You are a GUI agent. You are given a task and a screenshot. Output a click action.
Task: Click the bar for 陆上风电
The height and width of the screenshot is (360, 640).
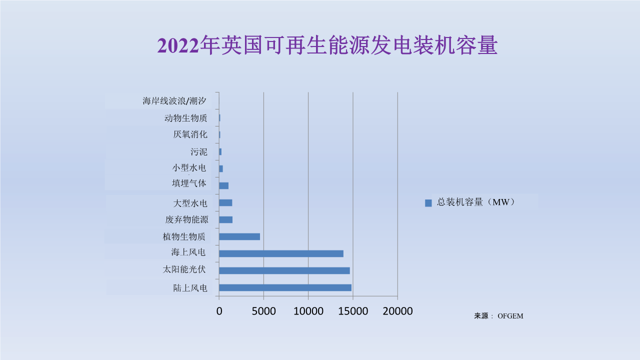point(285,287)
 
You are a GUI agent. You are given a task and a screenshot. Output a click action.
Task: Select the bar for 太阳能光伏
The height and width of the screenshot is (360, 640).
point(284,270)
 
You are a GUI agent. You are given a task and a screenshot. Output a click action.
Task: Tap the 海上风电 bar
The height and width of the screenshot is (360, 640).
point(281,253)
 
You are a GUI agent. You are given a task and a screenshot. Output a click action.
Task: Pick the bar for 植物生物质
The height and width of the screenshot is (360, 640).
point(239,236)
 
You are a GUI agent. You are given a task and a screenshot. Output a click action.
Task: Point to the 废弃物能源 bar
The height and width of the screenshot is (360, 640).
point(226,219)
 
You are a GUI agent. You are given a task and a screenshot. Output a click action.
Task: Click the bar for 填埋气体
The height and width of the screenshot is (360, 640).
point(224,185)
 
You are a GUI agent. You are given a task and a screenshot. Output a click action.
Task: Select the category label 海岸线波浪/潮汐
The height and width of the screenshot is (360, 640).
point(174,101)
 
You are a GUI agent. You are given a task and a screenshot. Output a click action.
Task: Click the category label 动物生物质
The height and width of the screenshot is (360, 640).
point(185,118)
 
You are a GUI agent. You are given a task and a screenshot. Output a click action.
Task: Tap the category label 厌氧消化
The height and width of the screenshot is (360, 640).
point(190,134)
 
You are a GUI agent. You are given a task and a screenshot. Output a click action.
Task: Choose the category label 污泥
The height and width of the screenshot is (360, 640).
point(198,152)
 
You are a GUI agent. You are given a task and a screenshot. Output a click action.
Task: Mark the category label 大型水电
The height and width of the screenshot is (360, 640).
point(190,203)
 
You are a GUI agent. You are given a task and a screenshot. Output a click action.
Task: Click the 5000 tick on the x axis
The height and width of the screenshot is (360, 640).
point(263,311)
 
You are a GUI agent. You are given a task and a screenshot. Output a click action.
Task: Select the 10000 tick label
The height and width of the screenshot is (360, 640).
point(308,311)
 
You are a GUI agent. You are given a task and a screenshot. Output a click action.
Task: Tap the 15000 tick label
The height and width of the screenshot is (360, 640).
point(353,311)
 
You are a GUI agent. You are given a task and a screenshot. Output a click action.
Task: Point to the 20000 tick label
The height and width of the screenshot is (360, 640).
point(397,311)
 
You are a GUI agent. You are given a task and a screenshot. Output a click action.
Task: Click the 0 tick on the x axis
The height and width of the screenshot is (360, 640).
point(219,311)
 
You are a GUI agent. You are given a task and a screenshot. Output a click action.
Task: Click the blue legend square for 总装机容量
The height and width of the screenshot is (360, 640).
point(428,202)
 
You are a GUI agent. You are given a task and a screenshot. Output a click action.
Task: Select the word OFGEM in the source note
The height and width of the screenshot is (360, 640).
point(510,316)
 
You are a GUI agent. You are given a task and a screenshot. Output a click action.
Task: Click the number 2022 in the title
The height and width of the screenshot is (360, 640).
point(178,46)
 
